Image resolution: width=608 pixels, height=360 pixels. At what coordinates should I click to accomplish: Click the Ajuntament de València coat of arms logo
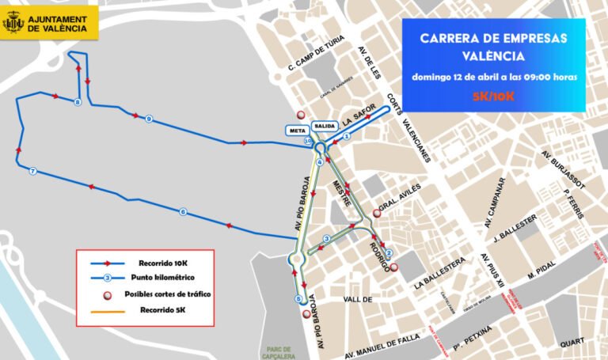(13, 22)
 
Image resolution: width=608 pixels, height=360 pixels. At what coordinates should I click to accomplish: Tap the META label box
(298, 129)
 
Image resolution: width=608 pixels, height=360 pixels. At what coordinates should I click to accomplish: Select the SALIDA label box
(325, 126)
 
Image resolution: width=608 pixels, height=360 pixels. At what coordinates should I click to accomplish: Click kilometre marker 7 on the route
(32, 171)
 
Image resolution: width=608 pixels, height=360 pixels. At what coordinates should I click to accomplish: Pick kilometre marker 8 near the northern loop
(77, 103)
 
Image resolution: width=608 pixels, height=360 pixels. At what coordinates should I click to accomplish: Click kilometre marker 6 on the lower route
(183, 211)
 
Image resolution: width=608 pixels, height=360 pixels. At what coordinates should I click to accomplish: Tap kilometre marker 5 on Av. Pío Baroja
(298, 299)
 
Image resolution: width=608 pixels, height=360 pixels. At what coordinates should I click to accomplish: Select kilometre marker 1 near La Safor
(346, 136)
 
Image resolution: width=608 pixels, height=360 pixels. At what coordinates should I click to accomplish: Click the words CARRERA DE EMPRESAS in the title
(493, 38)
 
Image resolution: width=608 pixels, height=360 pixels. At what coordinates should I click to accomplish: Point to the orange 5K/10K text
(493, 96)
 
